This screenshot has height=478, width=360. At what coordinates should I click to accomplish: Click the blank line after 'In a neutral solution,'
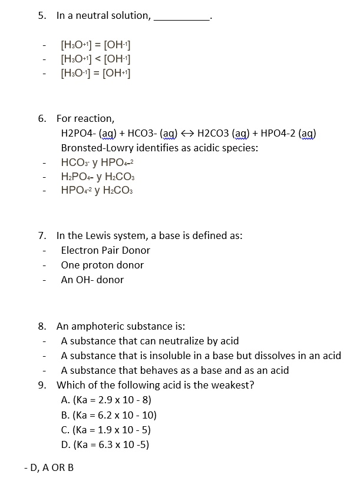pyautogui.click(x=181, y=19)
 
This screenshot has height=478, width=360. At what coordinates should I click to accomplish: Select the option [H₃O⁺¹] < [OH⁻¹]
pyautogui.click(x=95, y=58)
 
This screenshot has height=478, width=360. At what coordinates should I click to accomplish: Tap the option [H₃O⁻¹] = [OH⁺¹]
pyautogui.click(x=95, y=73)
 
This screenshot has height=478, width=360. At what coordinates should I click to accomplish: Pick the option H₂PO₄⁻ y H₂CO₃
pyautogui.click(x=98, y=176)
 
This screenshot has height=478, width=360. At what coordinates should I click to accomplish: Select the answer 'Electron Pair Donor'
pyautogui.click(x=105, y=250)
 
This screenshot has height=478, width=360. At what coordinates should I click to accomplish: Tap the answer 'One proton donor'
pyautogui.click(x=102, y=265)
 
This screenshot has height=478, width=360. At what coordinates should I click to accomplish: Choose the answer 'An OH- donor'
pyautogui.click(x=92, y=280)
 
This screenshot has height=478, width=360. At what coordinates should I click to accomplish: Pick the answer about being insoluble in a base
pyautogui.click(x=200, y=356)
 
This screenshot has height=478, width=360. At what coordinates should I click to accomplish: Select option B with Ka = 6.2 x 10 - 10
pyautogui.click(x=108, y=415)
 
